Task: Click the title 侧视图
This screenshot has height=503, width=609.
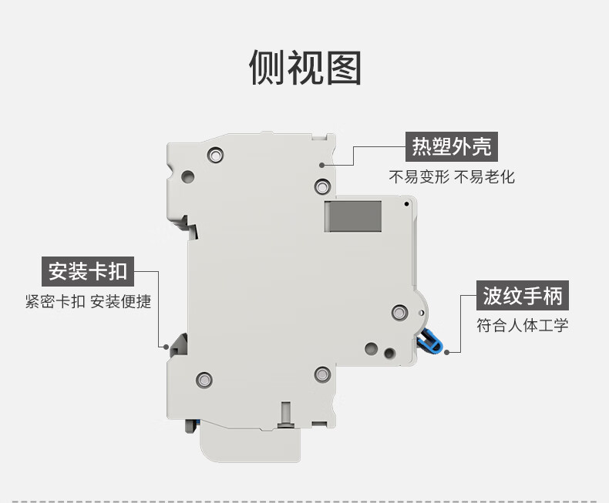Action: pos(304,68)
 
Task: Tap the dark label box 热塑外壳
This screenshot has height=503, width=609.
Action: pos(451,146)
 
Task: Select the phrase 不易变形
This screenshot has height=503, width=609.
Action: pos(417,177)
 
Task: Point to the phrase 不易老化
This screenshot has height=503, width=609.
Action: pos(484,177)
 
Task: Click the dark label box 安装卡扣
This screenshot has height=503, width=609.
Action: pos(87,271)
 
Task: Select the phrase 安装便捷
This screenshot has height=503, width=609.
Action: pos(121,301)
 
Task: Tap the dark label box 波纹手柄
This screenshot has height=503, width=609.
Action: pos(523,295)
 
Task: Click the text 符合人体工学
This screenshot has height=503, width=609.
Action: pos(523,325)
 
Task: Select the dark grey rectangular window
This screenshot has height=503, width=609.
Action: pos(353,216)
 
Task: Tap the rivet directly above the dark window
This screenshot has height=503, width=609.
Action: pos(322,186)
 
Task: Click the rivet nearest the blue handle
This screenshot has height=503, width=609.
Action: pos(399,312)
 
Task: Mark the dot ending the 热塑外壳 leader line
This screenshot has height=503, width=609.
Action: pos(322,164)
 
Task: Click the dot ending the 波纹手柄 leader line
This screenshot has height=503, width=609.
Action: pos(448,353)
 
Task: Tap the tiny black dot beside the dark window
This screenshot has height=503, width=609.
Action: pos(406,204)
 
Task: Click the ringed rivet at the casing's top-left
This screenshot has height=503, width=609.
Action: pos(215,155)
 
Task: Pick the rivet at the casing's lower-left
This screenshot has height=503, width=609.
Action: pos(204,379)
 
